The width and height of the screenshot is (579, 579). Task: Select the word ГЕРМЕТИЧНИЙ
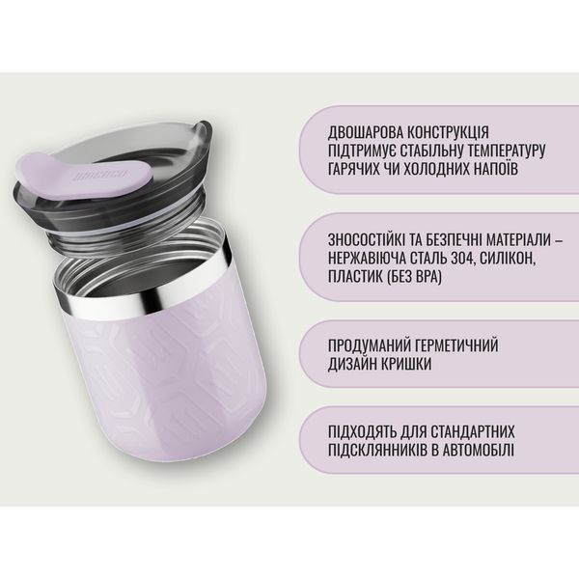tap(456, 345)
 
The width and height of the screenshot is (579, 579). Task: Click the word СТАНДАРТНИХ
tap(473, 431)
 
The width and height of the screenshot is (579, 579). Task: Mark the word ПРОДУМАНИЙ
tap(370, 345)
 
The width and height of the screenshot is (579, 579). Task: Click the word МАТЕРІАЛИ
tap(518, 239)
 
